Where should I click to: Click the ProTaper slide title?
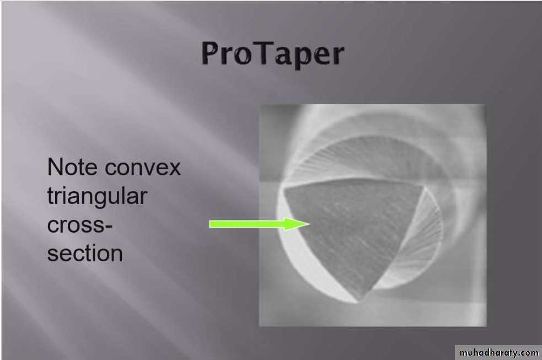coord(272,54)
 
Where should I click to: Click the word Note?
coord(72,167)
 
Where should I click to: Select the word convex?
coord(142,168)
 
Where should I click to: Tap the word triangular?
coord(97,196)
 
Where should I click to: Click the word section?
coord(85,253)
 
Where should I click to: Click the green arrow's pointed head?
coord(310,224)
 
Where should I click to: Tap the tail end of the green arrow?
coord(210,224)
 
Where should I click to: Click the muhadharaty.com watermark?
coord(499,352)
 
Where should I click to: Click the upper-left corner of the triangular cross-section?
coord(285,189)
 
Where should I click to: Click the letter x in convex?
coord(174,169)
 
